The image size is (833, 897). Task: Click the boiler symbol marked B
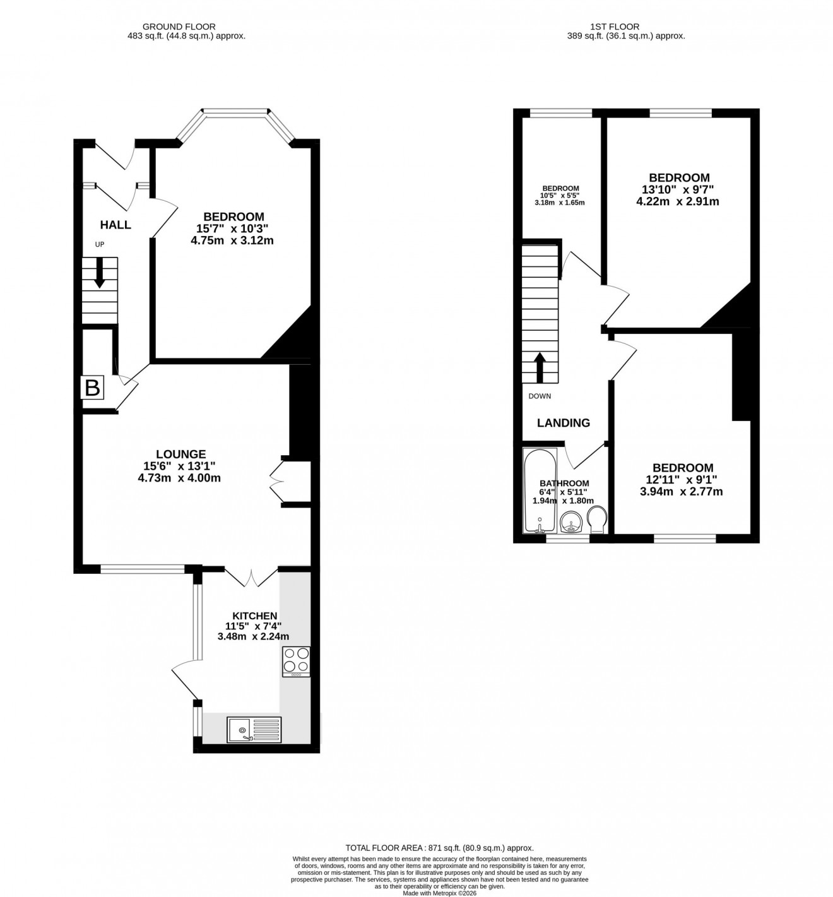pyautogui.click(x=92, y=388)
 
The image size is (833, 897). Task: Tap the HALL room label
pyautogui.click(x=115, y=225)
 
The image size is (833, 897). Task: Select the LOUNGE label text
pyautogui.click(x=180, y=454)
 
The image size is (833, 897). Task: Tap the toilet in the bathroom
pyautogui.click(x=596, y=521)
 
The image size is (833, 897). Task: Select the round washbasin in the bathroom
pyautogui.click(x=572, y=523)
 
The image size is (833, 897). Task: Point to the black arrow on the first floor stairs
pyautogui.click(x=540, y=367)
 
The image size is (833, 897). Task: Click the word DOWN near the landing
pyautogui.click(x=540, y=396)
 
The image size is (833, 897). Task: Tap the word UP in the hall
pyautogui.click(x=100, y=244)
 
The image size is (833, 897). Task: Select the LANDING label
pyautogui.click(x=564, y=423)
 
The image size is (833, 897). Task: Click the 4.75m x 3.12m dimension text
pyautogui.click(x=232, y=241)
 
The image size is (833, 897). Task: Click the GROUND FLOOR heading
pyautogui.click(x=179, y=27)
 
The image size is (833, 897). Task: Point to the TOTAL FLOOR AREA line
pyautogui.click(x=439, y=848)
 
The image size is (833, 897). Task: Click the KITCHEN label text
pyautogui.click(x=254, y=616)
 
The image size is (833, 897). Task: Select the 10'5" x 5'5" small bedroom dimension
pyautogui.click(x=560, y=196)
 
